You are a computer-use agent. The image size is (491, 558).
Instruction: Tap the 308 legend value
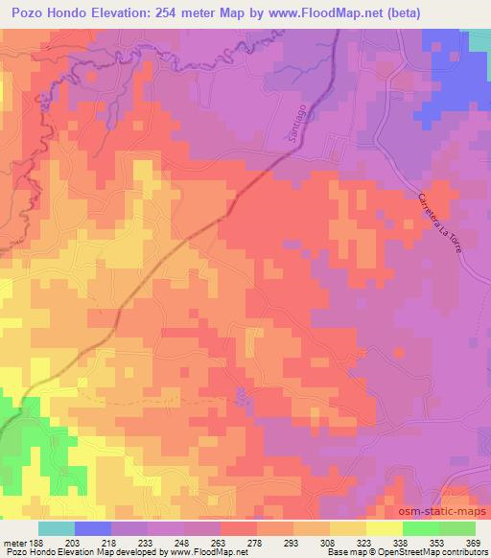[326, 542]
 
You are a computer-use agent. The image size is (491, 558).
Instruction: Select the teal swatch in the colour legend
[56, 527]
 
